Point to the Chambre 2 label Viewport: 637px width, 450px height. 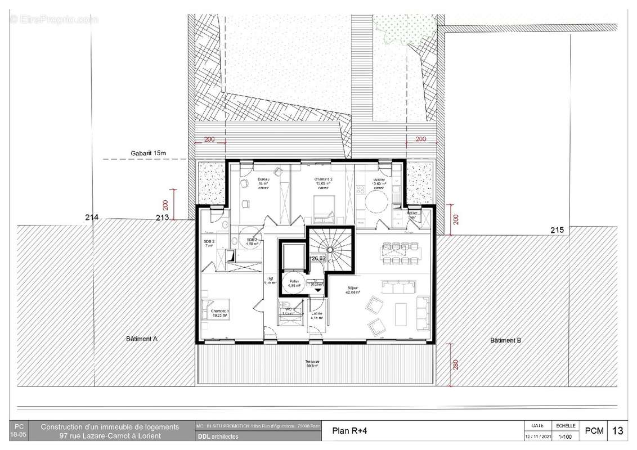322,181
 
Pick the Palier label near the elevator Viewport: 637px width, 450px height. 293,283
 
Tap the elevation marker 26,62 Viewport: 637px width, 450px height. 318,258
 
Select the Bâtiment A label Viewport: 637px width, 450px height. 142,339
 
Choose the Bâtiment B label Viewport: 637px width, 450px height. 505,340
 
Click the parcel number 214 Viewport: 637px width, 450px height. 92,217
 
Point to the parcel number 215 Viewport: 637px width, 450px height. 557,229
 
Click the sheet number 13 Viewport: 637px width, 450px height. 617,431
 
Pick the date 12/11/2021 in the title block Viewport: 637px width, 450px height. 535,436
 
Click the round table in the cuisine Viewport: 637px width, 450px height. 374,200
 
